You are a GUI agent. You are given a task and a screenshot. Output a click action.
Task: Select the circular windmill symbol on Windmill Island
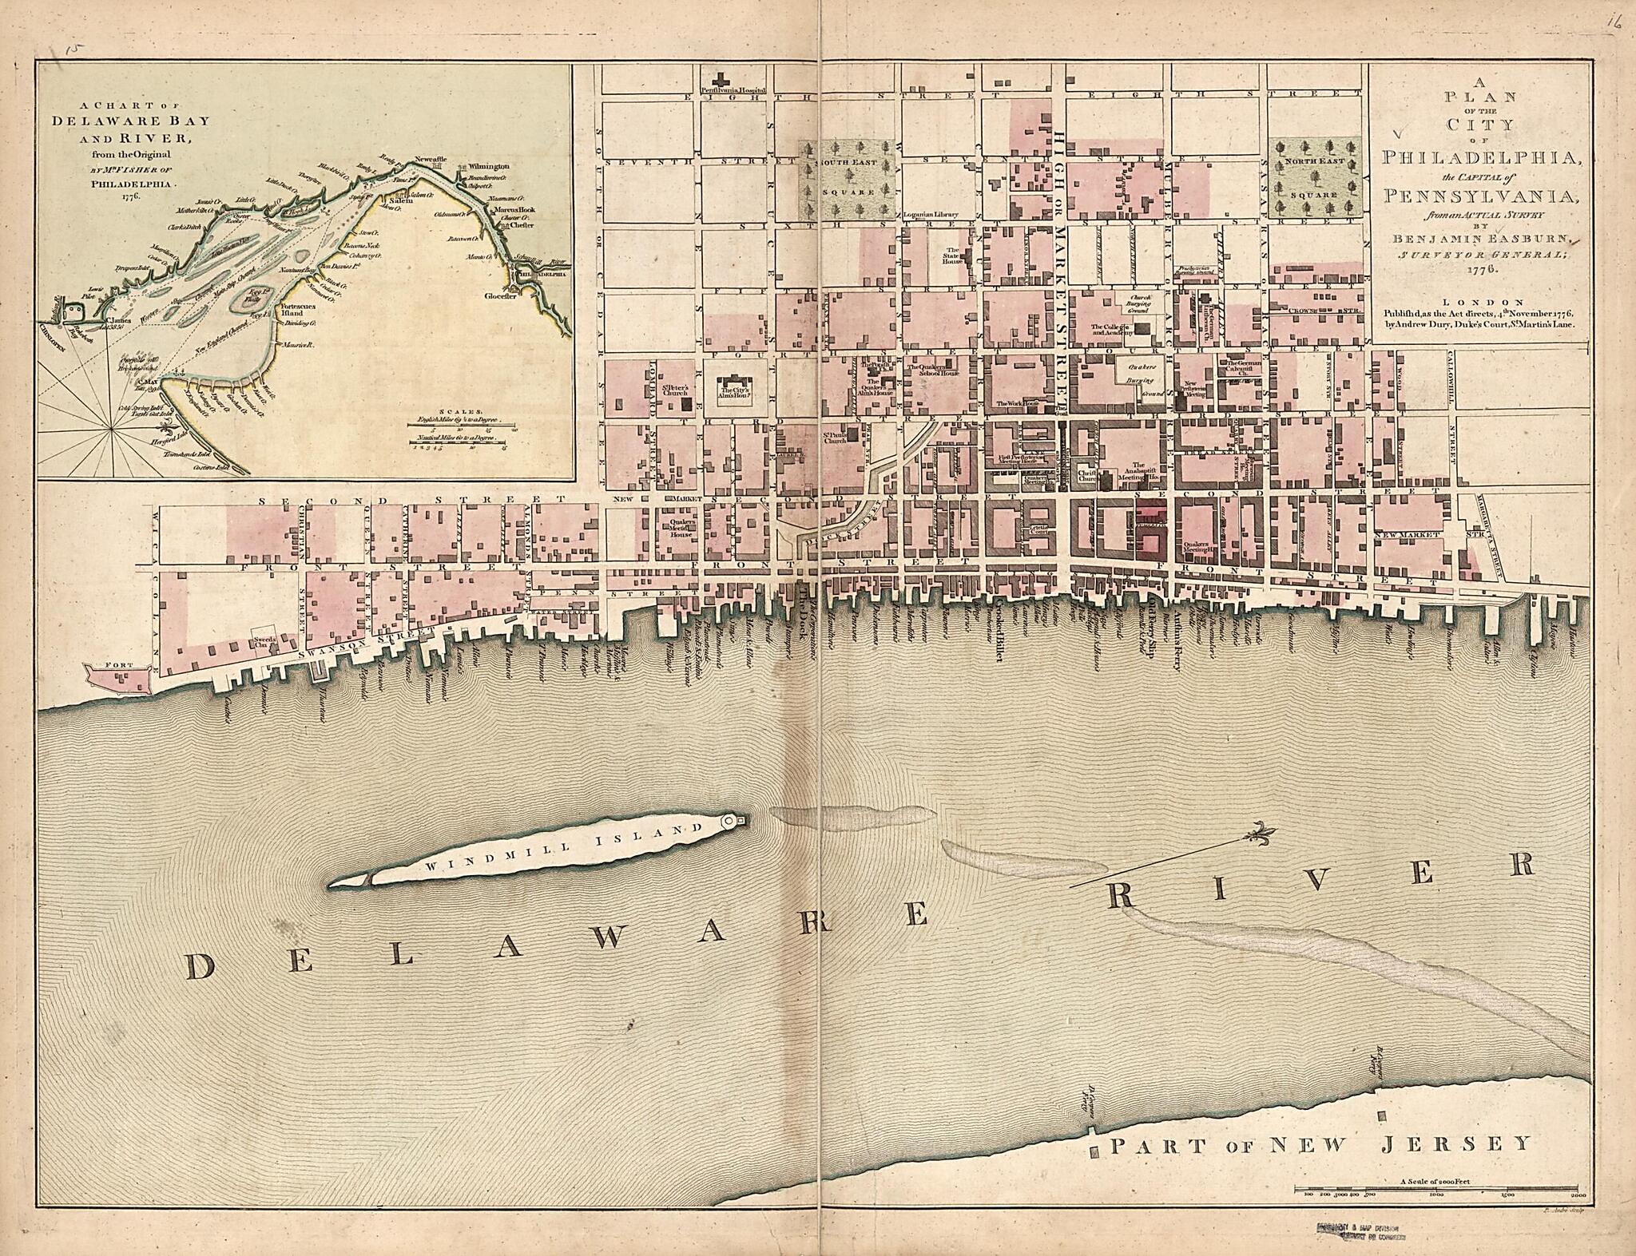tap(730, 821)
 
